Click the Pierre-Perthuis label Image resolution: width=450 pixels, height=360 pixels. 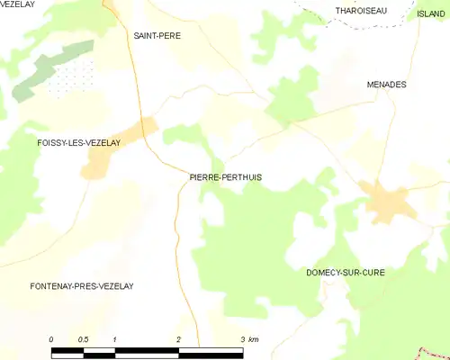[226, 177]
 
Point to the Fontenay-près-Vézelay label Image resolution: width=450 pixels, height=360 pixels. [82, 285]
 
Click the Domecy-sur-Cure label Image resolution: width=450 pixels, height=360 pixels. [346, 271]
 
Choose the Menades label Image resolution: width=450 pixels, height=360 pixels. [387, 84]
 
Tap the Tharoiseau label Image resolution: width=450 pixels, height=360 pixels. [361, 10]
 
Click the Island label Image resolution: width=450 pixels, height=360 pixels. [431, 13]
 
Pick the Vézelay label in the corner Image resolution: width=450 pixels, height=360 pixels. [17, 4]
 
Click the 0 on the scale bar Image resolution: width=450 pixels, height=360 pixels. [51, 338]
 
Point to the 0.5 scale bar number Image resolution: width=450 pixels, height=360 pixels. [83, 338]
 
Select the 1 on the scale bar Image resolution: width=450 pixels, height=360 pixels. [115, 338]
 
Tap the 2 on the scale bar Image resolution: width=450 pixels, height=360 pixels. [179, 338]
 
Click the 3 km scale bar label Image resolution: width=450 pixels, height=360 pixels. [248, 338]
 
